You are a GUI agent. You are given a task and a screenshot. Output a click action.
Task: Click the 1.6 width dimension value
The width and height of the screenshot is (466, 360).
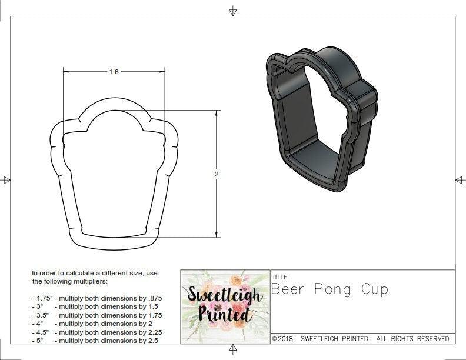point(114,72)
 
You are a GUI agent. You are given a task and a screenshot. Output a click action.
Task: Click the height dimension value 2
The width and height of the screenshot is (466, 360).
point(216,174)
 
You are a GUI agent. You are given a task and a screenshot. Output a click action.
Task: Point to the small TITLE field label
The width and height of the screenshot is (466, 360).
point(279,276)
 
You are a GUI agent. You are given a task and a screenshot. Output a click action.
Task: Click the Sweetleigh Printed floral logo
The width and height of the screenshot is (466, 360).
point(224,306)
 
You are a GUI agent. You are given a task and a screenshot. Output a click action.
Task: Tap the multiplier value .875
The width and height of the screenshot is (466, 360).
point(152,298)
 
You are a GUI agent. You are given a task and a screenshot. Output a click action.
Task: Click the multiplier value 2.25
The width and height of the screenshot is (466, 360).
point(151,332)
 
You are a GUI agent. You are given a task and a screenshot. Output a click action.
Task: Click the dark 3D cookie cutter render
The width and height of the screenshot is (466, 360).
point(321,118)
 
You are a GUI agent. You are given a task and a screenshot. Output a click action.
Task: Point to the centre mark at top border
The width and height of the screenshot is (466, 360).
point(233,11)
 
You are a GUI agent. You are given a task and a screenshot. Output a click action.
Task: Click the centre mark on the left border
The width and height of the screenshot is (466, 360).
point(6,179)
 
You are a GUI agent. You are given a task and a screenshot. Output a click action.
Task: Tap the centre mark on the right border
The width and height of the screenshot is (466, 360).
point(459,179)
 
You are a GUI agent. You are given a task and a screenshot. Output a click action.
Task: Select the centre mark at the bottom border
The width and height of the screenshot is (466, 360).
point(233,351)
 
